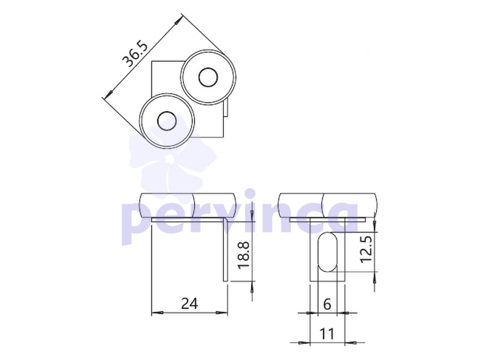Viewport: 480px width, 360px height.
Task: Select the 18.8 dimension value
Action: pos(244,255)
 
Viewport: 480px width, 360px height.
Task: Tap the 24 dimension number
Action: pos(190,303)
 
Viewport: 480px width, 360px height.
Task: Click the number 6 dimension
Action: pos(327,305)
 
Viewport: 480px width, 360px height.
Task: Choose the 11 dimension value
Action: pos(326,334)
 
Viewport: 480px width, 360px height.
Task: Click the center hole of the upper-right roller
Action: pos(208,77)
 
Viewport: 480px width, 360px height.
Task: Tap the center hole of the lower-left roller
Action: pos(166,121)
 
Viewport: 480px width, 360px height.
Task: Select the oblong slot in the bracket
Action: pos(327,252)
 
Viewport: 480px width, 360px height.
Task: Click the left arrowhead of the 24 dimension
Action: pos(157,313)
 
